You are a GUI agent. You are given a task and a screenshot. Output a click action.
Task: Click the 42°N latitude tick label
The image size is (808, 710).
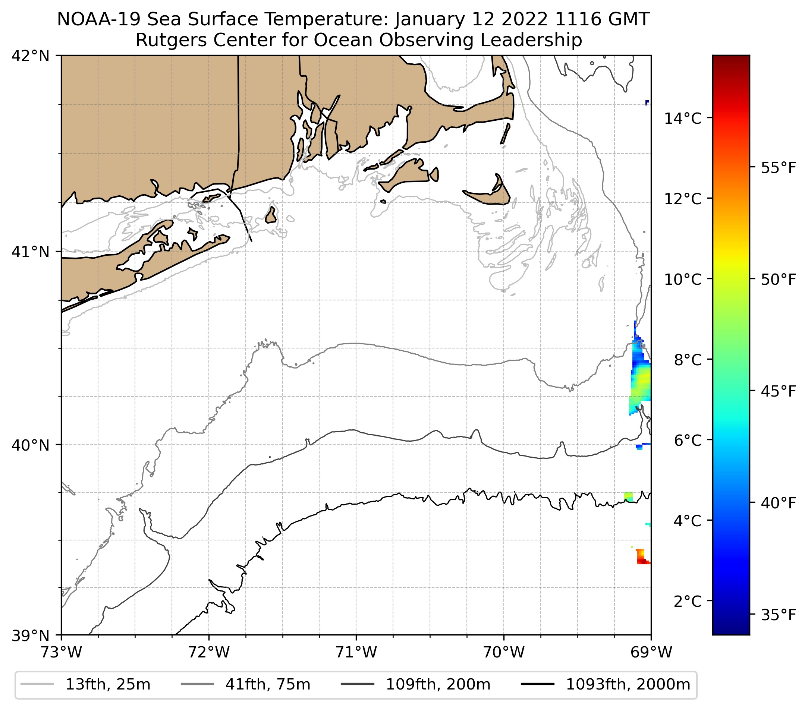[31, 56]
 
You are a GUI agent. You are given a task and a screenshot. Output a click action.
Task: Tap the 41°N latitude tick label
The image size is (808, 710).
[31, 252]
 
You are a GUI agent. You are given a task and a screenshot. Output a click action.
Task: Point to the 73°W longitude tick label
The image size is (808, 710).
[61, 653]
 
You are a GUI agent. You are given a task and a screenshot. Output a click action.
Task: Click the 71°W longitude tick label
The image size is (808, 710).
[356, 653]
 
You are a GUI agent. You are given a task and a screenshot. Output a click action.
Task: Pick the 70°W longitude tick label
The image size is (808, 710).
[504, 653]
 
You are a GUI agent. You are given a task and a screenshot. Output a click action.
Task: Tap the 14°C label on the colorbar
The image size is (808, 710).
[683, 118]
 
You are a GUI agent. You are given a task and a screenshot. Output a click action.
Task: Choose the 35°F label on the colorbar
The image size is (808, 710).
[778, 615]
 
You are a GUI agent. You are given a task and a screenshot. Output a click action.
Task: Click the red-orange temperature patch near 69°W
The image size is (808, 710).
[642, 557]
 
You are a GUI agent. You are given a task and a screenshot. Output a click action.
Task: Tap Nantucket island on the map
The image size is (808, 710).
[490, 195]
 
